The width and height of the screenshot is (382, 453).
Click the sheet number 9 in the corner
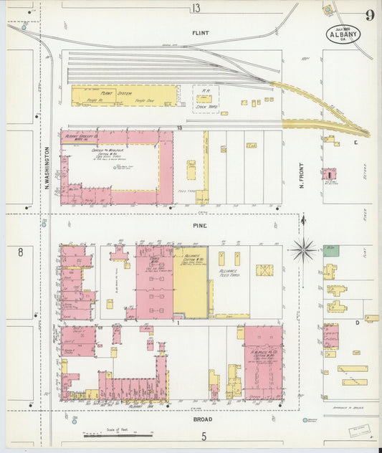coord(368,15)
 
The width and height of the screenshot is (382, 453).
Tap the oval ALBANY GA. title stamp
coord(343,34)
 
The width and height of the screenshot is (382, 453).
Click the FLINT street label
coord(200,33)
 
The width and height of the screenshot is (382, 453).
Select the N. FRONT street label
coord(302,173)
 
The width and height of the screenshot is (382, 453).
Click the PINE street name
coord(199,225)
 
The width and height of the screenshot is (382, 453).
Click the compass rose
coord(303,249)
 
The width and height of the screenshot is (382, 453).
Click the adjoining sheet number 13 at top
coord(196,8)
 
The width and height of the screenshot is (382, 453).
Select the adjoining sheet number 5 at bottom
coord(204,436)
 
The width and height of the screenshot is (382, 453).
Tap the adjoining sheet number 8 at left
coord(21,252)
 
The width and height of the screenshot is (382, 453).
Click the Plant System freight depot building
coord(124,96)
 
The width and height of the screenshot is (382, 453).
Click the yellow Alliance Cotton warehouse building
coord(190,283)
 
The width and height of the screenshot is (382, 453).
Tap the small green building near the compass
coord(330,251)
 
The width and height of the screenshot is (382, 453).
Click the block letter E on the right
coord(355,142)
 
